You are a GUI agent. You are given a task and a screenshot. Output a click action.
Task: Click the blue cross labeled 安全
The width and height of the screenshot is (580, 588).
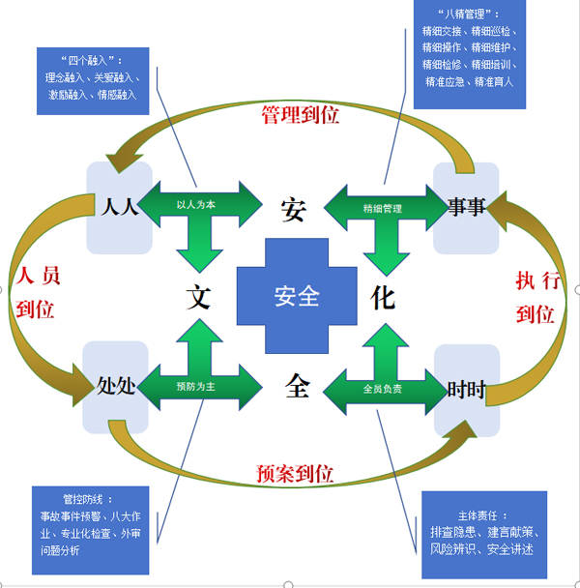[x=296, y=296]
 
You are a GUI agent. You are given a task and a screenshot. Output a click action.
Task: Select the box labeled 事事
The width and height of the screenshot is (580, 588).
[x=465, y=205]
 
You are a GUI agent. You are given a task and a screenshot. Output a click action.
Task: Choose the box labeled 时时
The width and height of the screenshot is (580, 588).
[x=465, y=389]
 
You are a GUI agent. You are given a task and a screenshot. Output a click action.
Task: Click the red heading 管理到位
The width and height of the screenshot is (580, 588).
[x=301, y=115]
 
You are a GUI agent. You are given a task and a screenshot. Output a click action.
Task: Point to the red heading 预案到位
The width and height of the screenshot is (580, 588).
[x=295, y=474]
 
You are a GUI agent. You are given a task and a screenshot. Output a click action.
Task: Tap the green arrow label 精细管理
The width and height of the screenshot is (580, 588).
[x=383, y=208]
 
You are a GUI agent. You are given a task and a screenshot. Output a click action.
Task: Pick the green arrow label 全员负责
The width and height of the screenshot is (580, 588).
[x=383, y=389]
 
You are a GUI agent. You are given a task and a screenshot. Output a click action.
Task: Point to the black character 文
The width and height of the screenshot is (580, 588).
[x=198, y=297]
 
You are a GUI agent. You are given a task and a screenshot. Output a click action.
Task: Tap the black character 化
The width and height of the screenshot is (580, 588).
[x=383, y=297]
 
